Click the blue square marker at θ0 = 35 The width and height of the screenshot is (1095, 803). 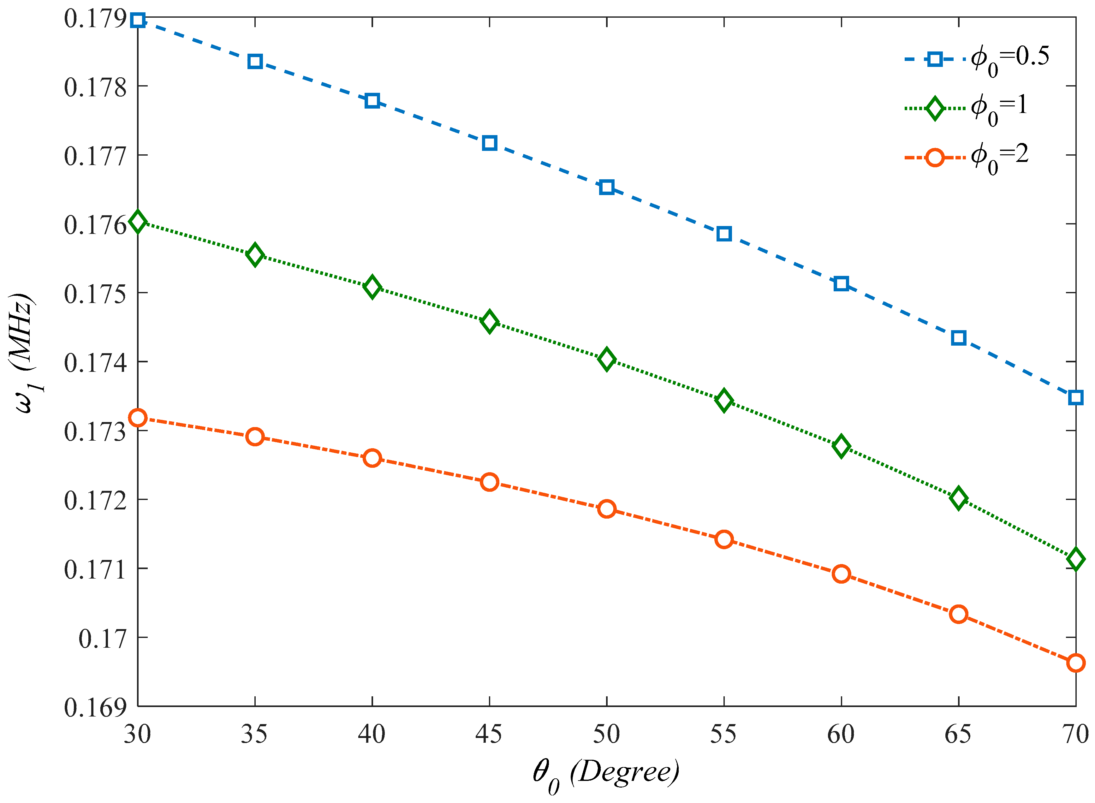click(255, 62)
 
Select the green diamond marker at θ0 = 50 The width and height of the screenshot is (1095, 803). click(607, 360)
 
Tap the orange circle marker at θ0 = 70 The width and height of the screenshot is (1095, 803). click(1075, 663)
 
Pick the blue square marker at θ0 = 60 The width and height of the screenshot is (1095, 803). click(841, 284)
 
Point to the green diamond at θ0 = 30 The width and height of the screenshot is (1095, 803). click(138, 222)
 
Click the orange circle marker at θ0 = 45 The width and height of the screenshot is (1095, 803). click(490, 482)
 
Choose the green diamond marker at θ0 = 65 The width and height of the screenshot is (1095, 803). click(958, 498)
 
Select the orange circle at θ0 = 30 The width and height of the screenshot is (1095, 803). click(138, 418)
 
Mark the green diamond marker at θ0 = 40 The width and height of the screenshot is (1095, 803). click(372, 287)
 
